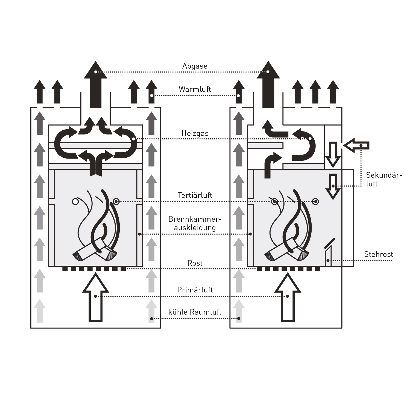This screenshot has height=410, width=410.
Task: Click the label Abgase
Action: pos(195,66)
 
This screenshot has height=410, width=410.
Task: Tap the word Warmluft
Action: pos(195,89)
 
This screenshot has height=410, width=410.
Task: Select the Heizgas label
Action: pos(195,133)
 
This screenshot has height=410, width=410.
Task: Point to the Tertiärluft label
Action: pos(195,195)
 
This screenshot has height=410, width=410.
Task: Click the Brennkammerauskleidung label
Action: pos(195,223)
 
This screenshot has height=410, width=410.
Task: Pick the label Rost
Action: pos(195,263)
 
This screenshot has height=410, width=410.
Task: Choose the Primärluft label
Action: pos(195,290)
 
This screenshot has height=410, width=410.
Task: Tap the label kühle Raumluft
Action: pos(195,312)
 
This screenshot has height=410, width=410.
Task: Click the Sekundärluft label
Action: pos(384,179)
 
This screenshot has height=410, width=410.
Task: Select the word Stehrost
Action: pos(378,254)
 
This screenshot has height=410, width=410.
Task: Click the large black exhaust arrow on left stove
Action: pos(95,85)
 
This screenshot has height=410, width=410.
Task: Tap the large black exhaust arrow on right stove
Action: pos(268,85)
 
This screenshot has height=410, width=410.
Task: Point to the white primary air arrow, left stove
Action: pos(95,298)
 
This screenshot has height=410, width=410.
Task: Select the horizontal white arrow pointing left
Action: pos(357,145)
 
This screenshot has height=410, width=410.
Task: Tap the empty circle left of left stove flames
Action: pos(75,201)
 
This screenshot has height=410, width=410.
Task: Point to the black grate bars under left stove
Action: pos(94,269)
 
